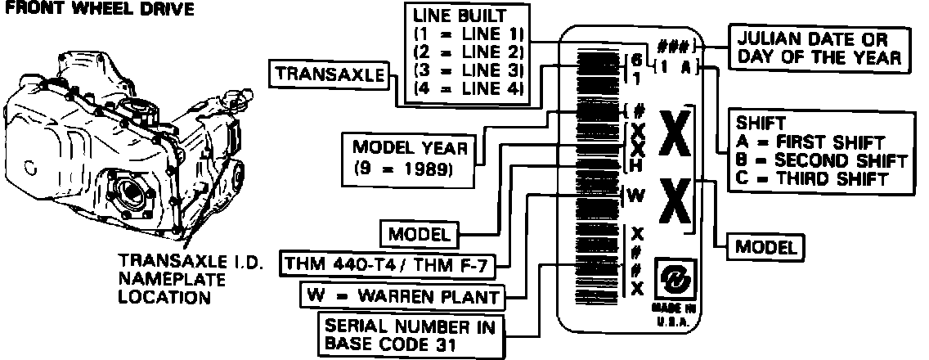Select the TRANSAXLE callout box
[x=329, y=74]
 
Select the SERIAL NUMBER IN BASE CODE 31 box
[x=413, y=334]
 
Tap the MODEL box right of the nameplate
[x=766, y=245]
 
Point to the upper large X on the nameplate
[x=676, y=140]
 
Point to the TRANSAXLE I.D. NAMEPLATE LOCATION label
[x=167, y=278]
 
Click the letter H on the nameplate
[x=637, y=166]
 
